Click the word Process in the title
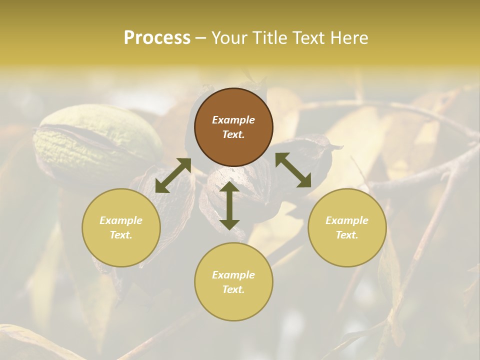pyautogui.click(x=157, y=38)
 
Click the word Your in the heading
pyautogui.click(x=229, y=38)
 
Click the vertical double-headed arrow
pyautogui.click(x=229, y=205)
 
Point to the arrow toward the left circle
pyautogui.click(x=173, y=175)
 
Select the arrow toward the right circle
pyautogui.click(x=293, y=170)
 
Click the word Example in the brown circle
pyautogui.click(x=233, y=120)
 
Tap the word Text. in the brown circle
pyautogui.click(x=233, y=134)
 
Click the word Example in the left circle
pyautogui.click(x=121, y=220)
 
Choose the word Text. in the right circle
pyautogui.click(x=347, y=235)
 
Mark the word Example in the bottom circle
pyautogui.click(x=233, y=275)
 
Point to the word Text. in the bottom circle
pyautogui.click(x=233, y=289)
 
